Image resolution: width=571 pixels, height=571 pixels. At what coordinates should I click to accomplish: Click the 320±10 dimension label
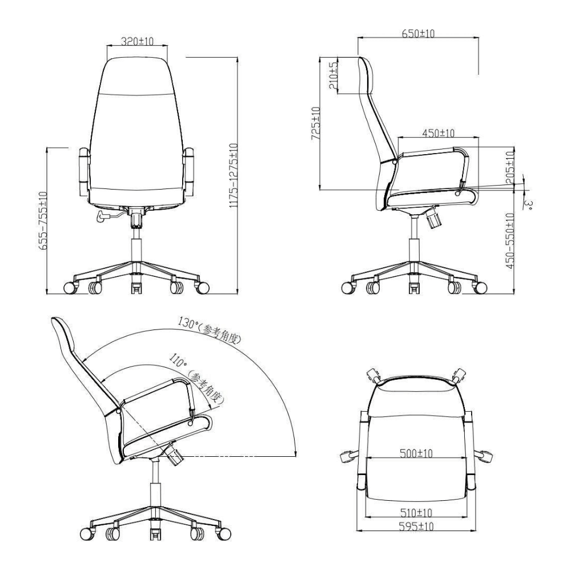[x=138, y=41]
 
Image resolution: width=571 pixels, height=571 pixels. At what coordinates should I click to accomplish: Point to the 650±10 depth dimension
[x=418, y=34]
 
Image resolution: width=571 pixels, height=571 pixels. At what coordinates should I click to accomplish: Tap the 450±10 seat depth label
[x=438, y=133]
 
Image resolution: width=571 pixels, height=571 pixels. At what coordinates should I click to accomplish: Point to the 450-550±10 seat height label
[x=510, y=240]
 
